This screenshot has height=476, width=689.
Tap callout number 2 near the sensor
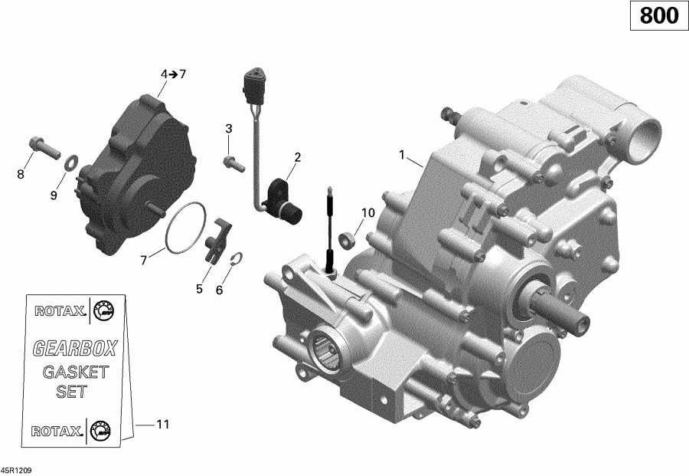(x=298, y=157)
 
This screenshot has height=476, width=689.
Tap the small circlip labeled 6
(x=237, y=258)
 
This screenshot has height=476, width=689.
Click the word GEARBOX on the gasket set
(x=74, y=349)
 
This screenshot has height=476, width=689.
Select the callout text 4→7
(x=172, y=74)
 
